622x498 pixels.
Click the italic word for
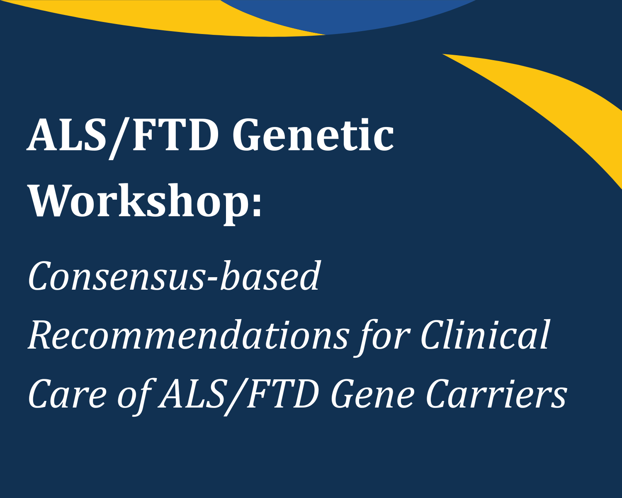click(x=384, y=335)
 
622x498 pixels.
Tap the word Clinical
click(x=485, y=335)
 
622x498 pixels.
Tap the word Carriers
click(x=496, y=394)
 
